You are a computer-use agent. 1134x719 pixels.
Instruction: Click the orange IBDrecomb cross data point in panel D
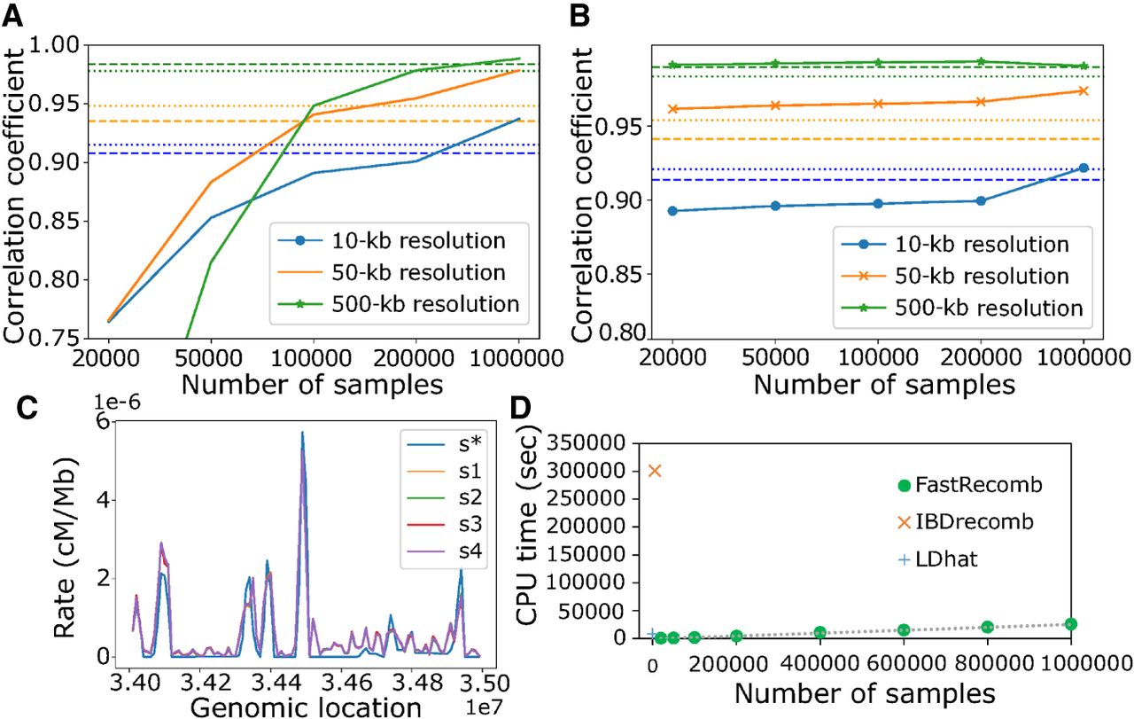pos(656,470)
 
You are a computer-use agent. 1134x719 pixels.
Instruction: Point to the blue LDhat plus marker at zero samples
pos(653,634)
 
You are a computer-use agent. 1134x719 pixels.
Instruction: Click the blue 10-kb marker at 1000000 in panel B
pos(1083,168)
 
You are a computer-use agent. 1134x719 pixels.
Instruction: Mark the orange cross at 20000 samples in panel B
pos(672,109)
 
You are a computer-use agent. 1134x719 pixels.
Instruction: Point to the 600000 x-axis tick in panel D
pos(902,662)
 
